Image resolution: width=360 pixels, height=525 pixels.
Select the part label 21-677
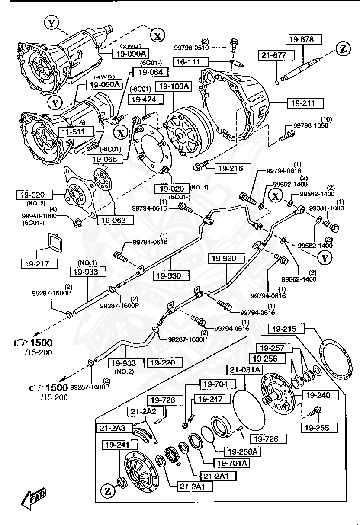277,55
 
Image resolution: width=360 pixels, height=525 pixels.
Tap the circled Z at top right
343,49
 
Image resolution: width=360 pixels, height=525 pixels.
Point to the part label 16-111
191,62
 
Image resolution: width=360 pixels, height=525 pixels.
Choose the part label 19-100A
173,86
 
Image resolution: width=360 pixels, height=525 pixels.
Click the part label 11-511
71,131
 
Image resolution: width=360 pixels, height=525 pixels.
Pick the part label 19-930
169,275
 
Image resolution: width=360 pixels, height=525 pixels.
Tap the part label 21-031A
245,370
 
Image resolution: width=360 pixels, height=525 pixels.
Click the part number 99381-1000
327,208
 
